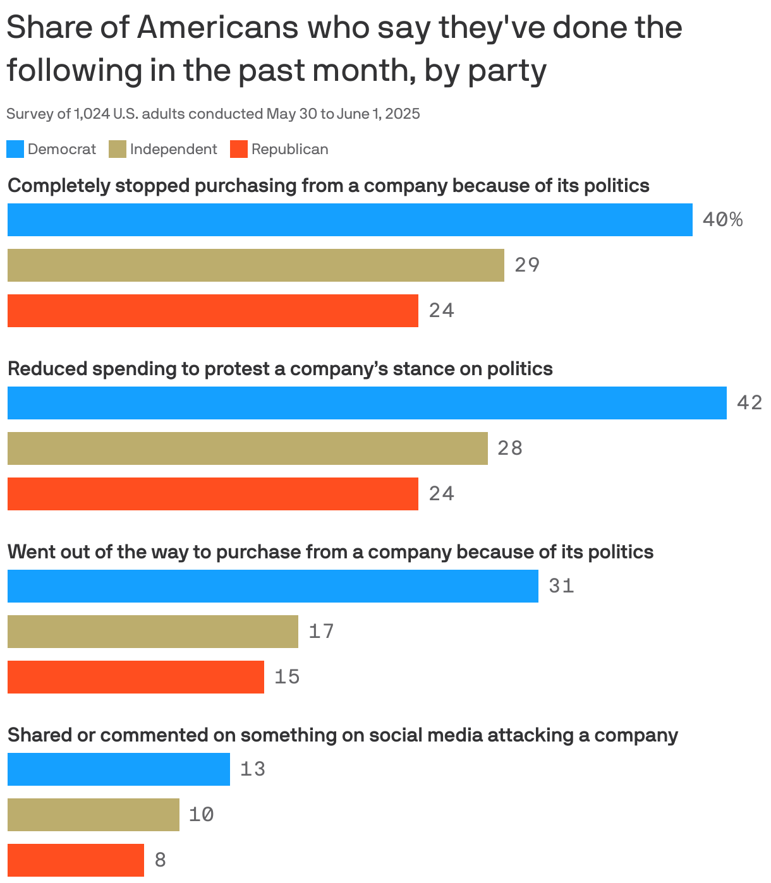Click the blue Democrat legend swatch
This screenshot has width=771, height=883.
point(15,149)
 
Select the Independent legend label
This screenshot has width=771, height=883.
point(173,149)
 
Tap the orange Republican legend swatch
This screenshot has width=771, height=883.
point(238,149)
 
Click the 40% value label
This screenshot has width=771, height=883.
point(722,220)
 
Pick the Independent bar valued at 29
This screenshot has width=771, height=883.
point(255,265)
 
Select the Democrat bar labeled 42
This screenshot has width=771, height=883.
point(367,403)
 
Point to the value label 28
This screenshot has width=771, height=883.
point(510,448)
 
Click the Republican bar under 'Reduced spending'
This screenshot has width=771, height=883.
point(212,494)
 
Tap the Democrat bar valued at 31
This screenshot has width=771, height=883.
point(272,586)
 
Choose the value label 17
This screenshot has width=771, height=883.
point(321,632)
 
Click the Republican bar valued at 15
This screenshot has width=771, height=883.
point(135,677)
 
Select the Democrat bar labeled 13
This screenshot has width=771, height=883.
point(118,769)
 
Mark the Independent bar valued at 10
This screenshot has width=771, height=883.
point(93,815)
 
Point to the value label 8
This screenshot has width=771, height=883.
point(161,860)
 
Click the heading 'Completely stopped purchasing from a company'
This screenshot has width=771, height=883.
point(328,186)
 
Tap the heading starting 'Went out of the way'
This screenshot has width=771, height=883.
point(330,552)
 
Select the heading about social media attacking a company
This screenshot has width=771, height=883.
point(342,735)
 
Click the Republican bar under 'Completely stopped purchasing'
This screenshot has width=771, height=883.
point(212,311)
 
